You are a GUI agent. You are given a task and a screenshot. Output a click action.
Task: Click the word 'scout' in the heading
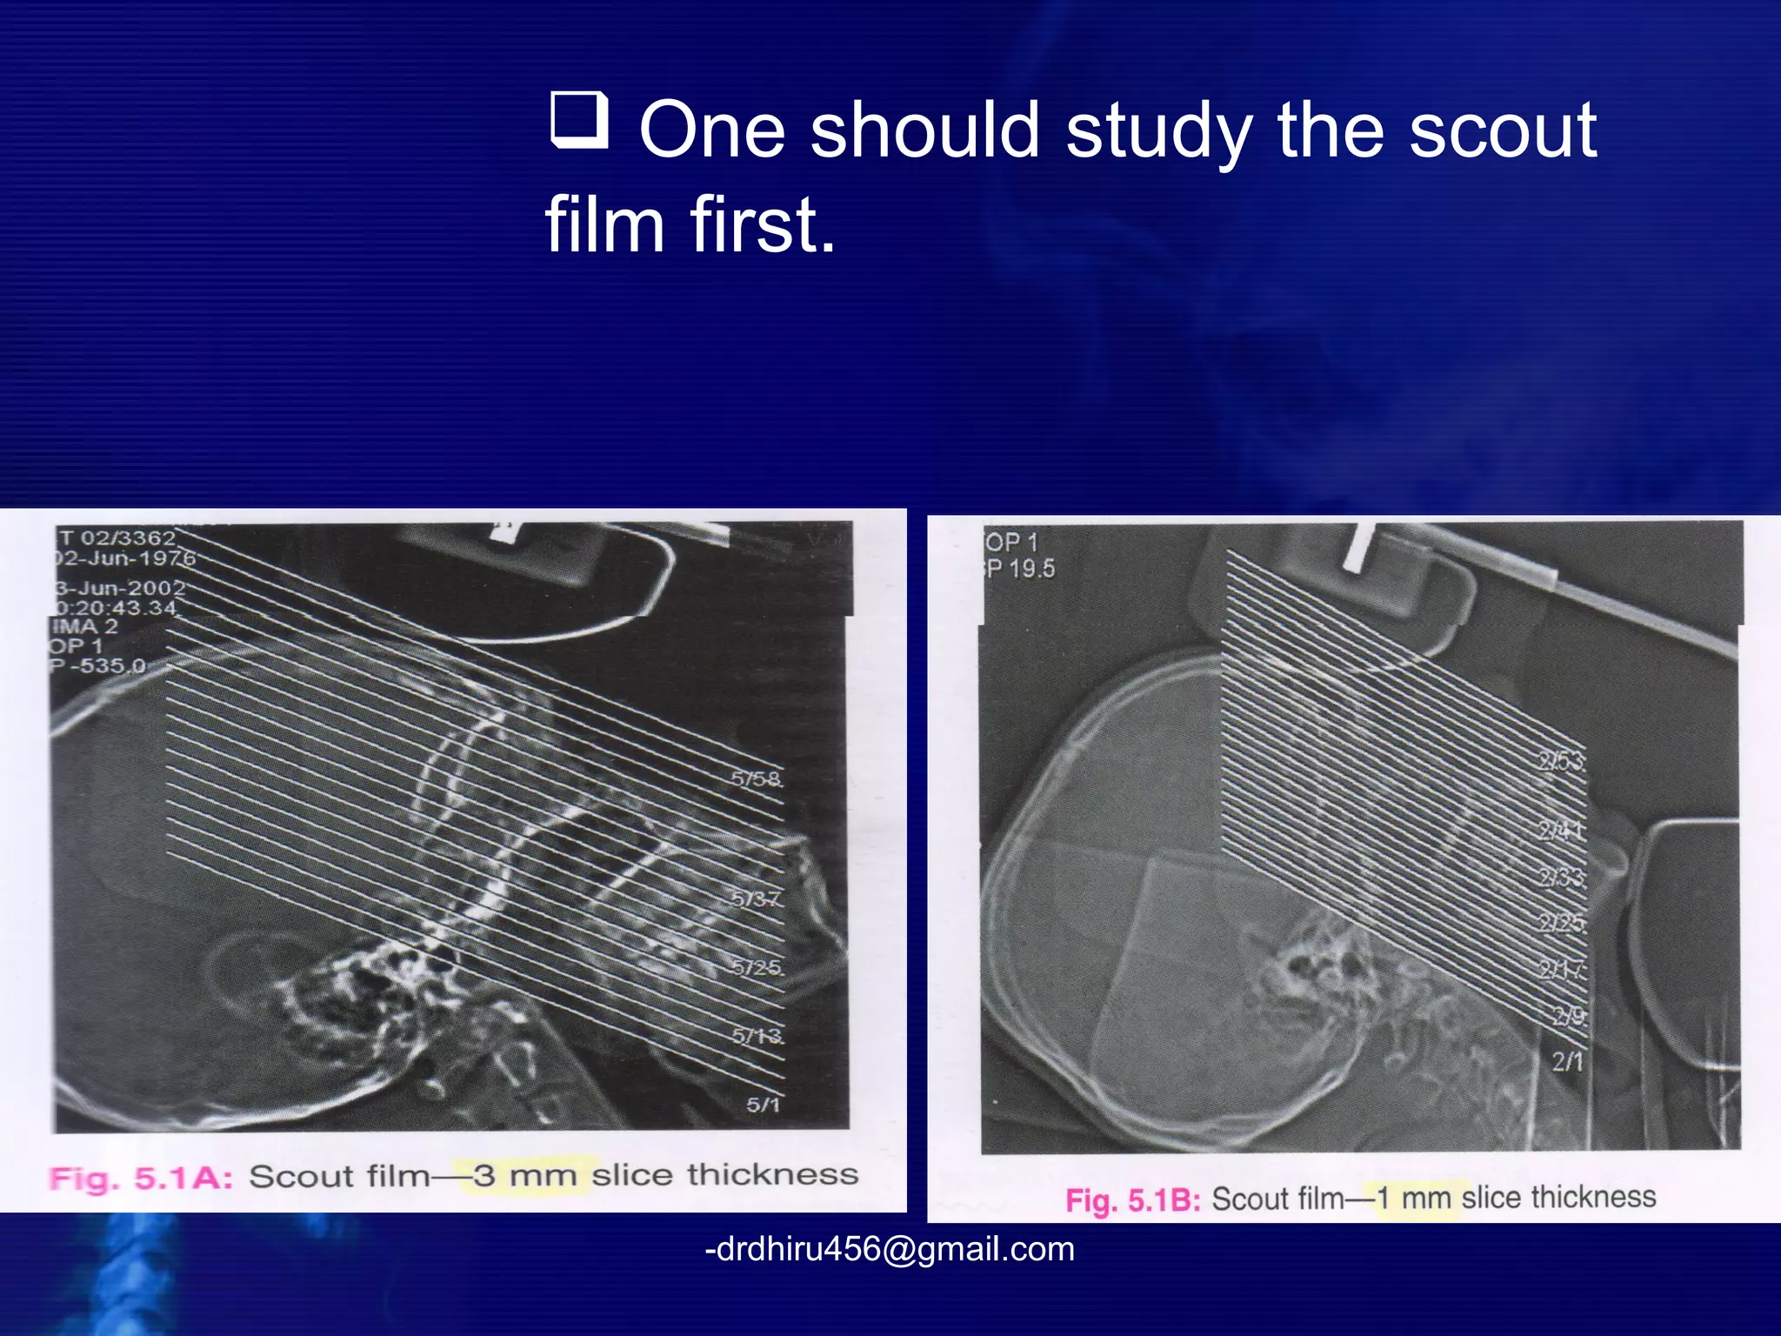pos(1502,130)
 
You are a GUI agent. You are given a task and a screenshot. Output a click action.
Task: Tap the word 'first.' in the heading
pos(763,224)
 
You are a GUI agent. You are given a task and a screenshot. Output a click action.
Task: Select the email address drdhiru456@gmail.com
pos(890,1249)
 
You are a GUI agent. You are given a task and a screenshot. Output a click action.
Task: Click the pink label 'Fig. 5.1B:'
pos(1132,1200)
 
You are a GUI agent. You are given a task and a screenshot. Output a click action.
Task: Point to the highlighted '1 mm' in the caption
pos(1412,1199)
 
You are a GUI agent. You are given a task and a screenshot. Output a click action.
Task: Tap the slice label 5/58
pos(756,778)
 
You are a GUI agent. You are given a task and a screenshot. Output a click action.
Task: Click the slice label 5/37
pos(756,898)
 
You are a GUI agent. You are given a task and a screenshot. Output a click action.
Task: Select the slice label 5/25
pos(757,967)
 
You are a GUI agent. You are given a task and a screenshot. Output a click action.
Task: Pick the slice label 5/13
pos(757,1036)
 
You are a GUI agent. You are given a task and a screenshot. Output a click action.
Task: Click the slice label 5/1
pos(763,1105)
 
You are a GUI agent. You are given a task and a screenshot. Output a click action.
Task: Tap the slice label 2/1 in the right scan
pos(1567,1061)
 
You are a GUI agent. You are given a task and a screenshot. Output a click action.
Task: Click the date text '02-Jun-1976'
pos(126,558)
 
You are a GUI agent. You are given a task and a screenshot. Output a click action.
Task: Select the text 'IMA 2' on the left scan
pos(84,626)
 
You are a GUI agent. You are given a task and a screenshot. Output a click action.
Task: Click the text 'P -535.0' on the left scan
pos(98,666)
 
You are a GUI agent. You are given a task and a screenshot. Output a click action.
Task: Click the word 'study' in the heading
pos(1158,130)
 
